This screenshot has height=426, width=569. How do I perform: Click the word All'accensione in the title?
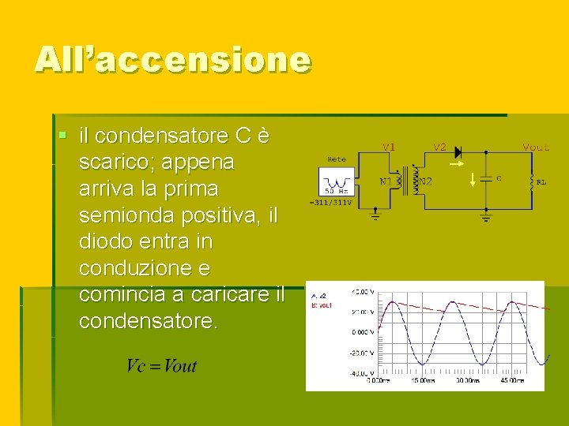pos(172,60)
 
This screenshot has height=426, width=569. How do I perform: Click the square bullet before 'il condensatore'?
pos(62,136)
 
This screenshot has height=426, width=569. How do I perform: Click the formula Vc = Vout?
pos(161,366)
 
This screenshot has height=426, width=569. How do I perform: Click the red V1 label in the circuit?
pos(389,148)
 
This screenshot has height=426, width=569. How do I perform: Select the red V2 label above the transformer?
pos(439,148)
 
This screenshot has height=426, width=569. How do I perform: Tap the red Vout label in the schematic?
pos(536,148)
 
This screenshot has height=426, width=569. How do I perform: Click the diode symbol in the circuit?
pos(461,151)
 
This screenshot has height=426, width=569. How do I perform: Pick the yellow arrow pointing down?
pos(473,181)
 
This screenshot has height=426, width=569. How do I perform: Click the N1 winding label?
pos(386,181)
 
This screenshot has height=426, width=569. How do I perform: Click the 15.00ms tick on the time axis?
pos(422,380)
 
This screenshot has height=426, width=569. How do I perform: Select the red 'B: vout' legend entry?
pos(322,304)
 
